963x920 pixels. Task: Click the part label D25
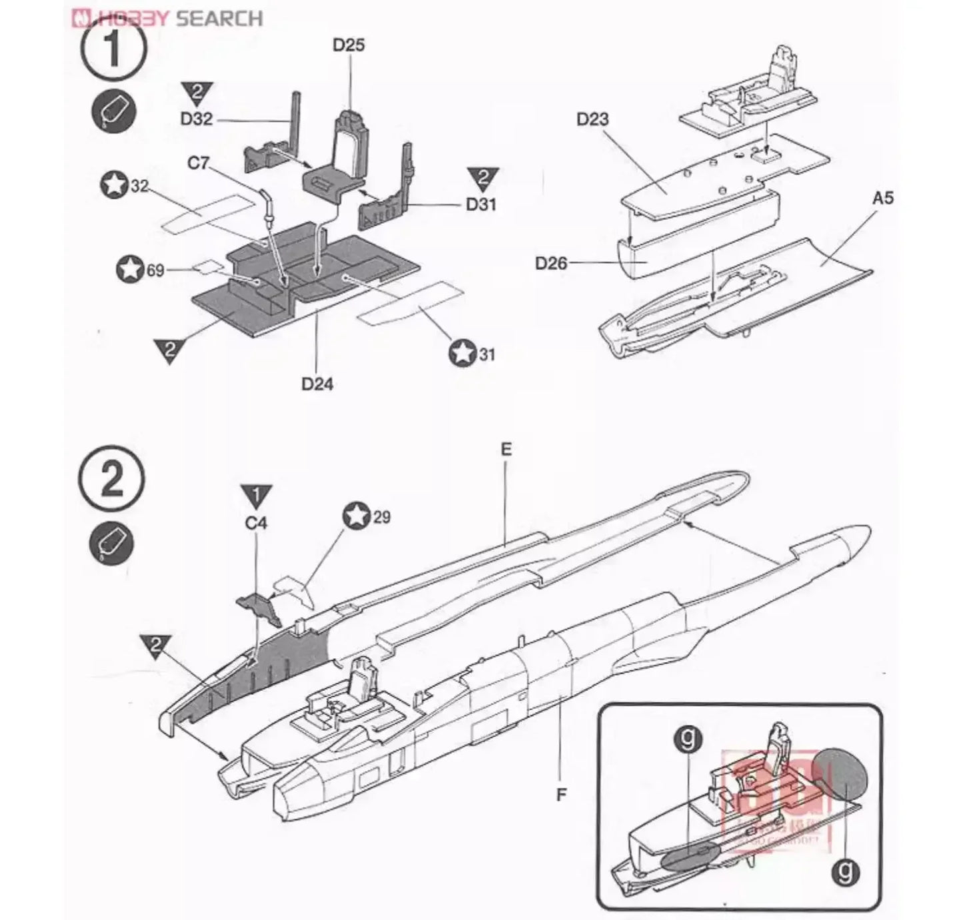pyautogui.click(x=349, y=46)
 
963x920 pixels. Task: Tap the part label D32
pyautogui.click(x=196, y=119)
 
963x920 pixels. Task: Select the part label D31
pyautogui.click(x=481, y=204)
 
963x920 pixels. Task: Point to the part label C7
pyautogui.click(x=198, y=163)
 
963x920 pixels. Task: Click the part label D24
pyautogui.click(x=317, y=384)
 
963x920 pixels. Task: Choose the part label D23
pyautogui.click(x=592, y=120)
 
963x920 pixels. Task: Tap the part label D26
pyautogui.click(x=550, y=263)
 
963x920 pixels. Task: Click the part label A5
pyautogui.click(x=882, y=198)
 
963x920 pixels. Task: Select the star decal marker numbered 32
pyautogui.click(x=114, y=185)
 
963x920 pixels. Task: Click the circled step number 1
pyautogui.click(x=113, y=51)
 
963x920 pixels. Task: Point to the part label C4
pyautogui.click(x=256, y=523)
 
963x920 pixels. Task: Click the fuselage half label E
pyautogui.click(x=506, y=450)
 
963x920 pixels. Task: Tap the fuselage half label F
pyautogui.click(x=561, y=794)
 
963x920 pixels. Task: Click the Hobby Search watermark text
pyautogui.click(x=167, y=17)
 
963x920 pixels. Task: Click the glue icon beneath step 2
pyautogui.click(x=111, y=544)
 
